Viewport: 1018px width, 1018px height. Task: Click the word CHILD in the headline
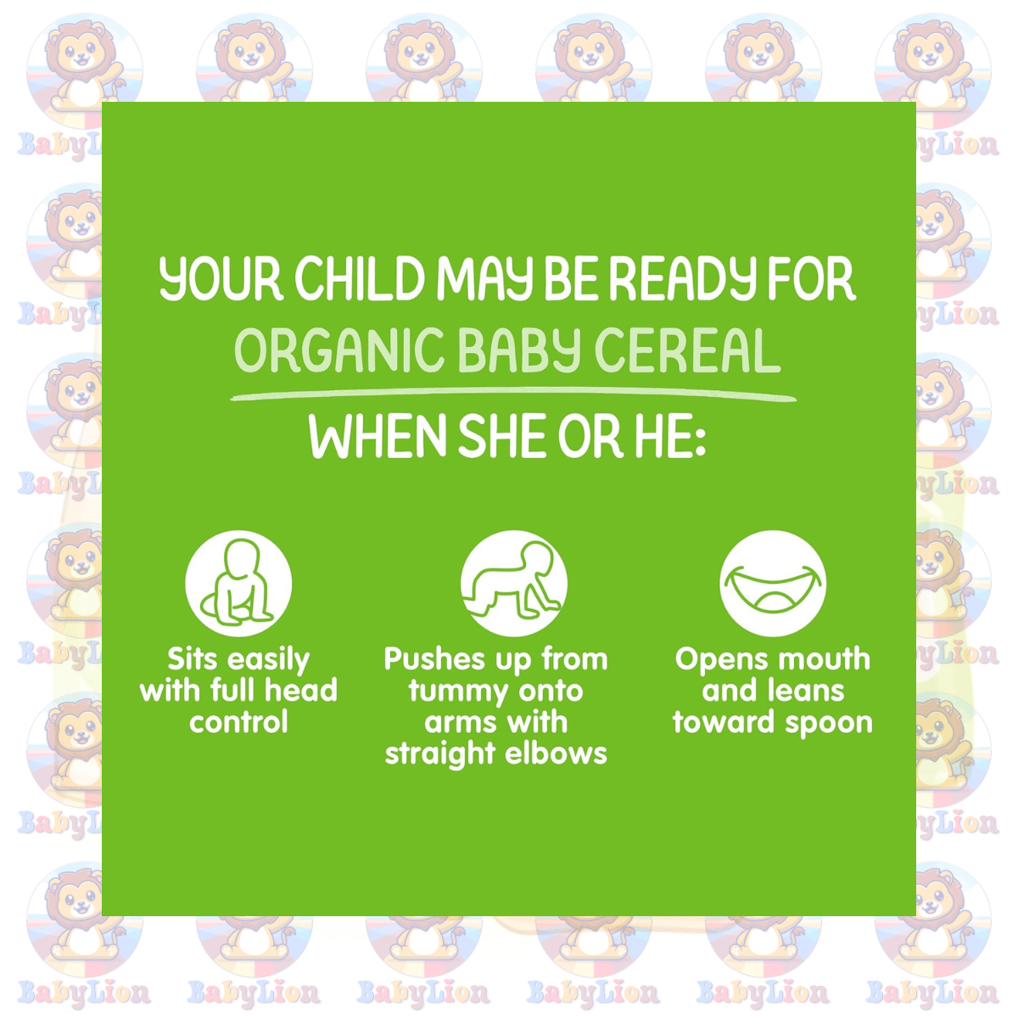point(359,278)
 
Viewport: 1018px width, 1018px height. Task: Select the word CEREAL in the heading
point(688,350)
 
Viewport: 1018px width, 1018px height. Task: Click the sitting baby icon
point(238,583)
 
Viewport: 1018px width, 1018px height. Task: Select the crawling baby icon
point(513,583)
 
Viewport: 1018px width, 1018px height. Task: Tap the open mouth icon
point(772,583)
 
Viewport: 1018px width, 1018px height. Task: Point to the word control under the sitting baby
point(238,722)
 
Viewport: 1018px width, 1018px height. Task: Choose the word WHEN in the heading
point(378,436)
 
